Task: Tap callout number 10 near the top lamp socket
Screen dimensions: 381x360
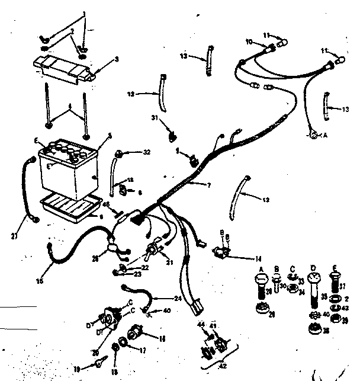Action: [250, 42]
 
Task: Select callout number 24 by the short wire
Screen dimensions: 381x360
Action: [178, 299]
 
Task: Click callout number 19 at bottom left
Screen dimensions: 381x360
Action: [77, 369]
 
